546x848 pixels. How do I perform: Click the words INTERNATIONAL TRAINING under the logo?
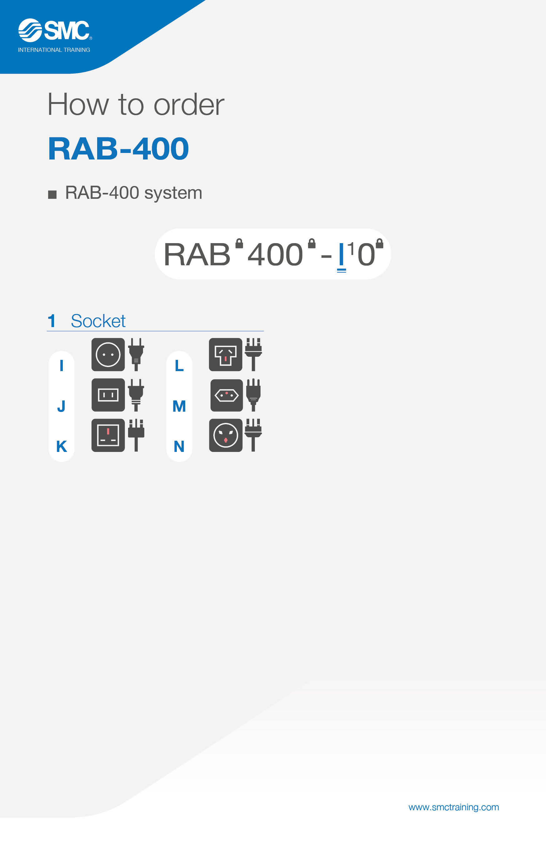coord(54,50)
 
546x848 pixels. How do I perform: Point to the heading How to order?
coord(136,105)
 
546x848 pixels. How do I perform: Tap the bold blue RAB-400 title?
coord(118,149)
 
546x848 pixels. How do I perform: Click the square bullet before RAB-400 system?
coord(52,194)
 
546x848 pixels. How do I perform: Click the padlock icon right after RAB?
coord(239,243)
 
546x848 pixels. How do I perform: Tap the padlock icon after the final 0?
coord(380,243)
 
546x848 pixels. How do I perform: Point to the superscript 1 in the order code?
coord(351,248)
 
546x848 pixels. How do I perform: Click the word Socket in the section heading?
coord(98,321)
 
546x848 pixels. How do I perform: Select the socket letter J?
coord(61,406)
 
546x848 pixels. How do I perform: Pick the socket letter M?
coord(179,406)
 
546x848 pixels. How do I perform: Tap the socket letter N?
coord(179,446)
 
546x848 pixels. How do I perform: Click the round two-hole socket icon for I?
coord(108,355)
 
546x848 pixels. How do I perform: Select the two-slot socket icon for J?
coord(108,395)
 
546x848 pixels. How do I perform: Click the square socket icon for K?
coord(108,435)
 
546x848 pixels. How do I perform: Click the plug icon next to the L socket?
coord(253,355)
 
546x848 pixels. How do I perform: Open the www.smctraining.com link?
coord(454,807)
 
